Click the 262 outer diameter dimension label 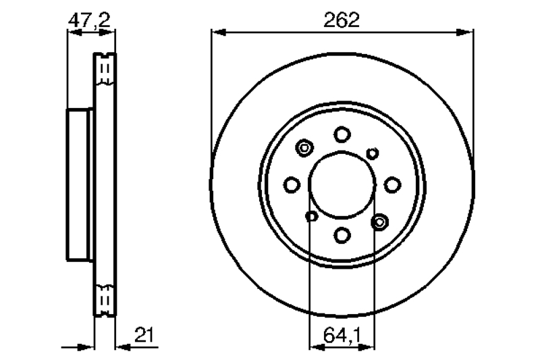342,20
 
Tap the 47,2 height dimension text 90,21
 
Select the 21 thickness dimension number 144,334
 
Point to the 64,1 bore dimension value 342,335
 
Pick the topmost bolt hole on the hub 342,134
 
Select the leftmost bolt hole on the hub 292,184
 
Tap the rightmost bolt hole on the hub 392,184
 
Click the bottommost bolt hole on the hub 342,235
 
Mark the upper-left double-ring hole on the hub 304,148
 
